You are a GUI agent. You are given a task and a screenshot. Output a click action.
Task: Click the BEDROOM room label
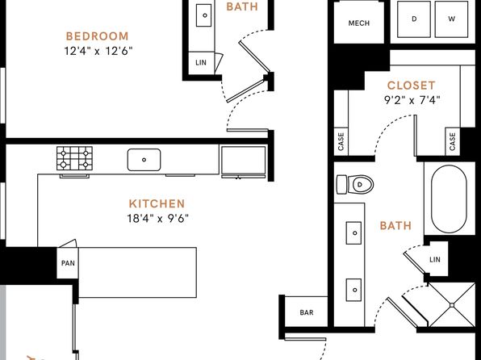(x=97, y=36)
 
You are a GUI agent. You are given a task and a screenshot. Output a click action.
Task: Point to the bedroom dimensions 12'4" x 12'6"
(x=98, y=51)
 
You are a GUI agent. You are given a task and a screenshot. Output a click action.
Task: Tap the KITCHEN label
(x=157, y=203)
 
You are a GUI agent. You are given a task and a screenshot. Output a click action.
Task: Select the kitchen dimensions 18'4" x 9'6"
(x=157, y=219)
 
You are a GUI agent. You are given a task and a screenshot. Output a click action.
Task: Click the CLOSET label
(x=412, y=86)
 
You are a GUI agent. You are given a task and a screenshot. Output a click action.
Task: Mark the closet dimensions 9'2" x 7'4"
(x=412, y=100)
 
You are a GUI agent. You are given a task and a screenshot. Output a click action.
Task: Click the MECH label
(x=359, y=23)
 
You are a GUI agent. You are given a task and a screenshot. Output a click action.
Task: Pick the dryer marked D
(x=414, y=19)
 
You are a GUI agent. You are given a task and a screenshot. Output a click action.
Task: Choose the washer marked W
(x=451, y=19)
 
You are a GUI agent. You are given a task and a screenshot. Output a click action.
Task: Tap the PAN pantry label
(x=68, y=263)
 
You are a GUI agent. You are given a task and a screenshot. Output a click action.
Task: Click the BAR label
(x=307, y=312)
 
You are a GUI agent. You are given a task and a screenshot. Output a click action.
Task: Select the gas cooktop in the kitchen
(x=74, y=158)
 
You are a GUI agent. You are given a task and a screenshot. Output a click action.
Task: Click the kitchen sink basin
(x=144, y=160)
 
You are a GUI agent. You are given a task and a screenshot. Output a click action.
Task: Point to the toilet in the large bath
(x=355, y=185)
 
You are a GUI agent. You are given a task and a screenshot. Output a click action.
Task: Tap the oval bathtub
(x=449, y=200)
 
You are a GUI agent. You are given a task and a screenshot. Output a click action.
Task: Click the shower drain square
(x=452, y=305)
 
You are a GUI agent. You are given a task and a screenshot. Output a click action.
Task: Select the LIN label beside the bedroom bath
(x=201, y=63)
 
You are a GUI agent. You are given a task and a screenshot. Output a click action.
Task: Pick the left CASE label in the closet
(x=341, y=141)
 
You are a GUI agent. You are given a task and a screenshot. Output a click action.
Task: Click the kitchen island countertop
(x=137, y=272)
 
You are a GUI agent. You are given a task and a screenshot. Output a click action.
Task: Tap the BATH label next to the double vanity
(x=395, y=226)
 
